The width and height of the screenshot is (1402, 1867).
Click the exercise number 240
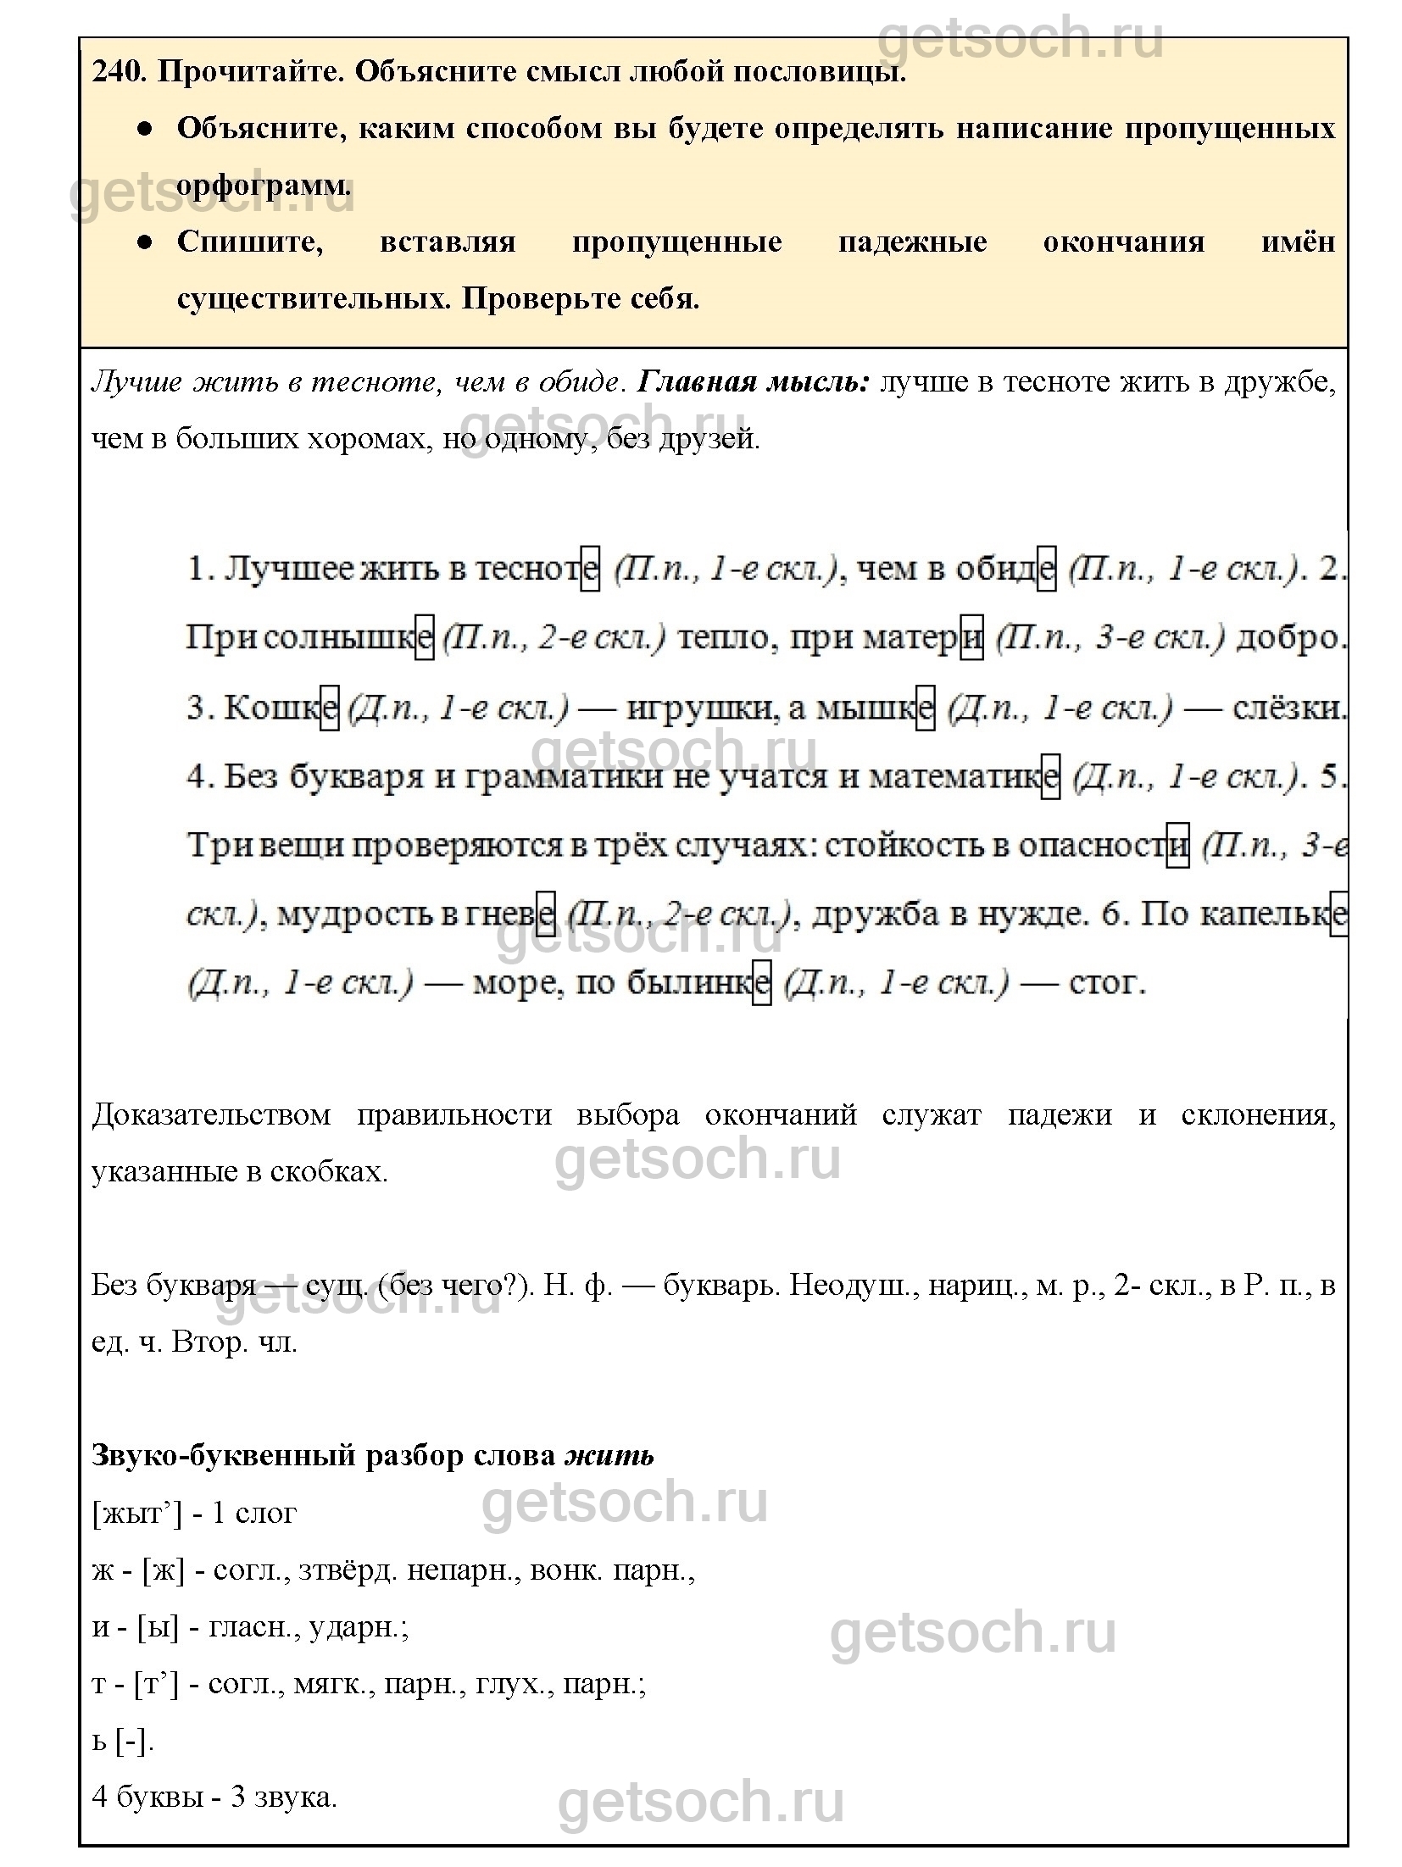119,72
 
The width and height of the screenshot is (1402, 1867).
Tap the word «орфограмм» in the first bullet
264,186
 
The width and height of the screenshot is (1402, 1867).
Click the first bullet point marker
145,129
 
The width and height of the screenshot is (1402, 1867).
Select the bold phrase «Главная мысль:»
753,382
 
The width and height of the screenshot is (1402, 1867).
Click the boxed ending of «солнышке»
424,637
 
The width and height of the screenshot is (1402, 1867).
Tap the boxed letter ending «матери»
971,637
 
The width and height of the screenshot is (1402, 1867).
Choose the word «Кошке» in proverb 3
280,707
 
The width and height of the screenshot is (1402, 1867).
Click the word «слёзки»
1288,707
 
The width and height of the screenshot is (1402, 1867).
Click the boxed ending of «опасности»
1177,845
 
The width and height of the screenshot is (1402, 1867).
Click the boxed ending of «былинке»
762,983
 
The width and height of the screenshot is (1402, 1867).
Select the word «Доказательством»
211,1114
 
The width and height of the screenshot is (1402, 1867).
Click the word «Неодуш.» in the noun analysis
850,1286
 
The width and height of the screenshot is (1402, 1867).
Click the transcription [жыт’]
136,1514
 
